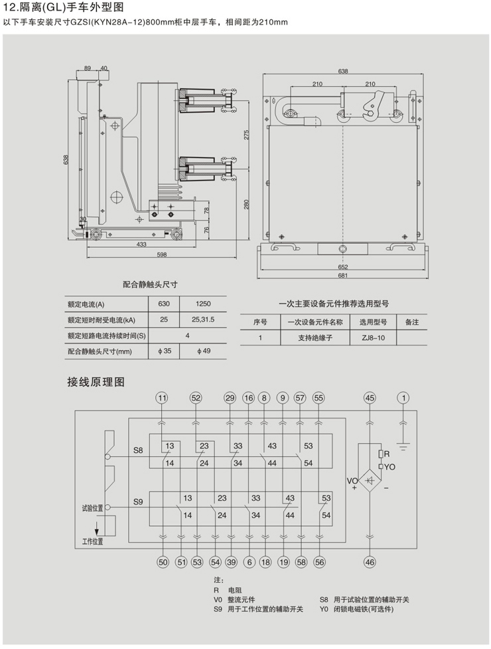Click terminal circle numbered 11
[163, 398]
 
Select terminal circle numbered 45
[370, 398]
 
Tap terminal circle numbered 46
[370, 562]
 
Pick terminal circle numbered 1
[402, 398]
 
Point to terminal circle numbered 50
[163, 562]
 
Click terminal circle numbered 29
[230, 398]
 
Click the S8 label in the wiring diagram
[137, 450]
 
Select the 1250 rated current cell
[204, 304]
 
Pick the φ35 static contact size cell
[163, 351]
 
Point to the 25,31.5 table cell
[204, 320]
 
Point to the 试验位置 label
[92, 508]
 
